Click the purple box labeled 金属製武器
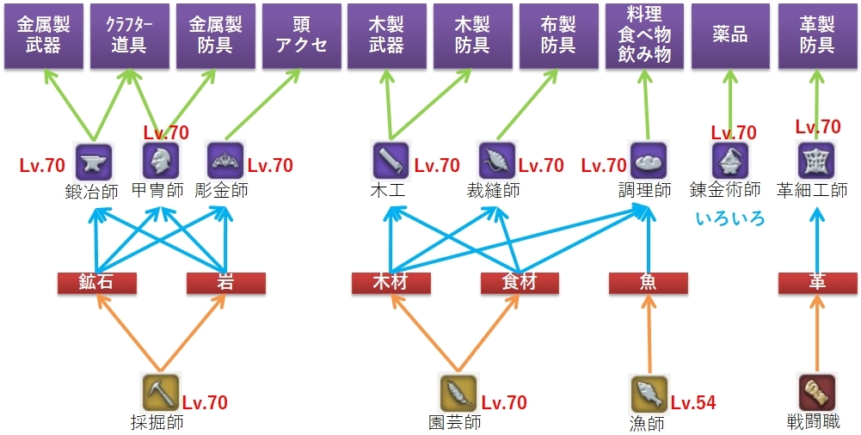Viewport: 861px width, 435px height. (x=42, y=35)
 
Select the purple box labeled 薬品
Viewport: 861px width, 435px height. (x=730, y=35)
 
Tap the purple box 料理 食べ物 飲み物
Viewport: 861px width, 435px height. (x=644, y=35)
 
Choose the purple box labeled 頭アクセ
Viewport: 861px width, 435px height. (x=300, y=35)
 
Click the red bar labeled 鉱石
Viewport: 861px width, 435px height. (x=96, y=283)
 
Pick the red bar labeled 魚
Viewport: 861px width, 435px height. (x=648, y=283)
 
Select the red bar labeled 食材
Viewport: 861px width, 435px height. (x=520, y=283)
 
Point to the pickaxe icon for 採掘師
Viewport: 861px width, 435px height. (x=160, y=392)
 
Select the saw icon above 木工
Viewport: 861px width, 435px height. (x=391, y=160)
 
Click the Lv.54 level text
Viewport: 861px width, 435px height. (x=693, y=402)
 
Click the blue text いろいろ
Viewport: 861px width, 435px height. (x=729, y=218)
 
